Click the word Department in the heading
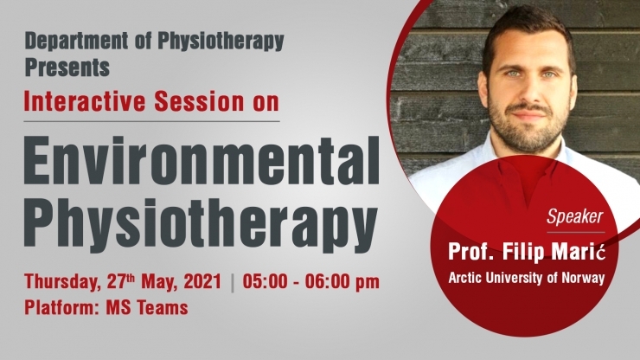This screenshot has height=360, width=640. (x=76, y=42)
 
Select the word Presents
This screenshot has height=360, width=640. (x=67, y=67)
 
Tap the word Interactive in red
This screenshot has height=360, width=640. (x=85, y=101)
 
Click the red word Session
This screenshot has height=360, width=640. (x=199, y=101)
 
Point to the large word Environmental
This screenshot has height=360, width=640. (x=202, y=161)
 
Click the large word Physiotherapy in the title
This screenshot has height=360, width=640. (x=201, y=223)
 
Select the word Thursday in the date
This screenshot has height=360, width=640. (x=63, y=282)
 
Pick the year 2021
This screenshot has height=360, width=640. (x=202, y=281)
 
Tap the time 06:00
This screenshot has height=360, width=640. (x=329, y=281)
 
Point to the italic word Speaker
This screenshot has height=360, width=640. (x=574, y=217)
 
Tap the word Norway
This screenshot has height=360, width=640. (x=583, y=278)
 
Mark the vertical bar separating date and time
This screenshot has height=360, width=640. (x=233, y=283)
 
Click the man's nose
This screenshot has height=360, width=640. (x=529, y=89)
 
